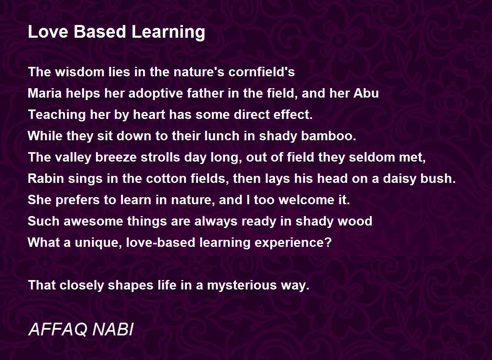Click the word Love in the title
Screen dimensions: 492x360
48,32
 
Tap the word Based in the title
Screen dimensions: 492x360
100,32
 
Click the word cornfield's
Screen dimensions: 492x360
262,72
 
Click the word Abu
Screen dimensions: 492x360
366,93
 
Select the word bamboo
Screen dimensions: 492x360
328,136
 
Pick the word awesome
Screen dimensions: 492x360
93,221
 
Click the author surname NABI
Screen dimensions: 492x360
113,329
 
